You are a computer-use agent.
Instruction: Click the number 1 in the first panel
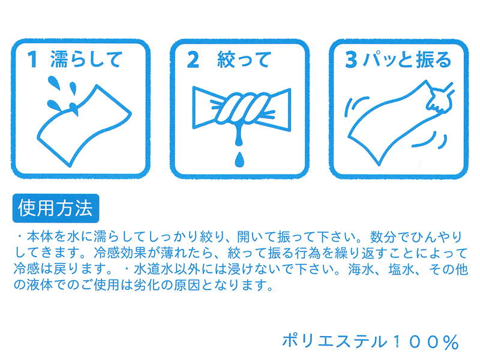[32, 59]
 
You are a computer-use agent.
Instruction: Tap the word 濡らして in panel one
[86, 59]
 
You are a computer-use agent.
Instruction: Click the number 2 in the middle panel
[193, 60]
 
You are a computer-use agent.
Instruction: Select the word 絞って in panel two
[244, 59]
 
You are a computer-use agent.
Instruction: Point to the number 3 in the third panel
[351, 59]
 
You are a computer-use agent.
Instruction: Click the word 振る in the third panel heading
[434, 59]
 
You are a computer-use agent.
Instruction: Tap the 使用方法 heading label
[55, 208]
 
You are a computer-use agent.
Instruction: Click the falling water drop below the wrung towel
[239, 159]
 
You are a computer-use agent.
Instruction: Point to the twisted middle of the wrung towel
[242, 108]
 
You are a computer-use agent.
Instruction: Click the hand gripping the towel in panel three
[440, 97]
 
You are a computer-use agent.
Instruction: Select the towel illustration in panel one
[84, 125]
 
